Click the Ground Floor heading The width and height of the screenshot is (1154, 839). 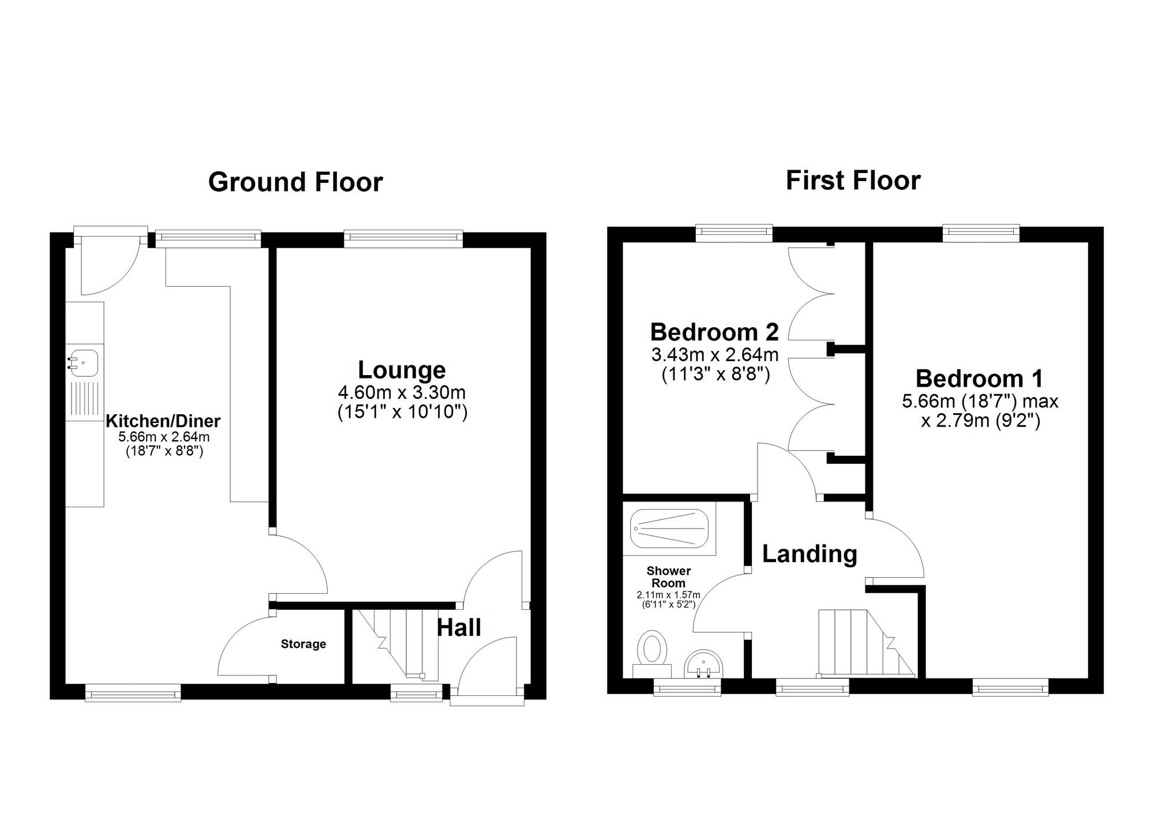(295, 182)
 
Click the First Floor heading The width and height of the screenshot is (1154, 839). (853, 181)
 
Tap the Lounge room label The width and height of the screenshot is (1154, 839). (402, 370)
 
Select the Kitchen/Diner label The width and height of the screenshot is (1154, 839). (163, 421)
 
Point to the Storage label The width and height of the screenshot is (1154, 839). (304, 644)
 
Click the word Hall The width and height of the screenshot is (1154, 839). (459, 628)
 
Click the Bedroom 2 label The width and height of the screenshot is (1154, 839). (714, 332)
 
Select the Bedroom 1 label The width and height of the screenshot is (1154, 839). (979, 379)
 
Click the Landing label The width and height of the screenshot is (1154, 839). (810, 554)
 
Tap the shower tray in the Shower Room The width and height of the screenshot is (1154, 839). (669, 529)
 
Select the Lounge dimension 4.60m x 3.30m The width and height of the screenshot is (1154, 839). (402, 393)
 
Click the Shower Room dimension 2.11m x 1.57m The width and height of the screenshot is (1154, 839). (668, 595)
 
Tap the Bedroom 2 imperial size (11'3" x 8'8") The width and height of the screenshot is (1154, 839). (715, 374)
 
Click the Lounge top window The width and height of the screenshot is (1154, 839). (403, 238)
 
